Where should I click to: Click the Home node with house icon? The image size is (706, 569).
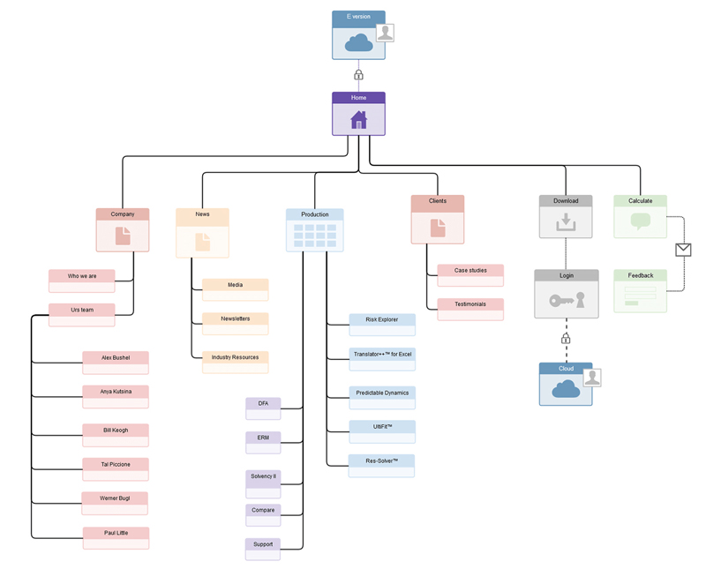point(358,115)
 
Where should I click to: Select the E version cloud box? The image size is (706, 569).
point(358,36)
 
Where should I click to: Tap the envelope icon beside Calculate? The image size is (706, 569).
point(682,251)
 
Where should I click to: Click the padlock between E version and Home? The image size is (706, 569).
point(358,75)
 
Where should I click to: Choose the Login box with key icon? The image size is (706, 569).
point(566,295)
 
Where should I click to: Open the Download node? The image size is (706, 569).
point(566,217)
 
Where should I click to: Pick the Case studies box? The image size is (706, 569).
point(470,275)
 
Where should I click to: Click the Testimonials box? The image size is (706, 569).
point(470,309)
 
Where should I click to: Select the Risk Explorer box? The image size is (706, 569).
point(381,325)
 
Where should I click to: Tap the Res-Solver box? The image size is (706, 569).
point(381,466)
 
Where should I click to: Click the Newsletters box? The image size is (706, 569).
point(235,323)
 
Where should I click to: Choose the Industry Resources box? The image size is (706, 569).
point(235,362)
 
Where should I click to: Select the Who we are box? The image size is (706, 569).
point(82,281)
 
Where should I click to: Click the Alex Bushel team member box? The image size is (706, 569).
point(116,363)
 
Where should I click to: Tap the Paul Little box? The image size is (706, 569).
point(116,537)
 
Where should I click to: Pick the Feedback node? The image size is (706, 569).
point(640,291)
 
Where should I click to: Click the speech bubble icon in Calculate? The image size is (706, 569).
point(641,221)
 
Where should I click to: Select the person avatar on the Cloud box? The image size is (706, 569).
point(592,378)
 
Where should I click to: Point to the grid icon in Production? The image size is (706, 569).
point(315,235)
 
